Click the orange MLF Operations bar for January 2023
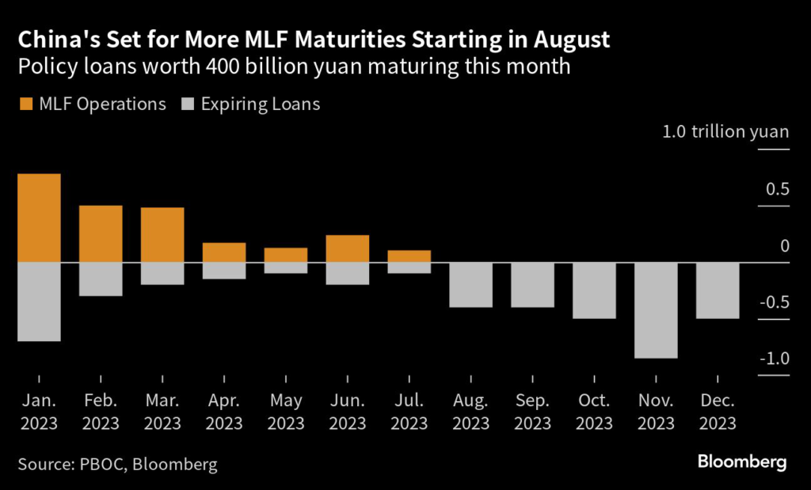(x=40, y=218)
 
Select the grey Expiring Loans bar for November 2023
(x=656, y=310)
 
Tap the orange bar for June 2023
(x=348, y=249)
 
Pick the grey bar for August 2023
(x=471, y=285)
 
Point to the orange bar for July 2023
(x=409, y=256)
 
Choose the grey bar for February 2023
(x=101, y=279)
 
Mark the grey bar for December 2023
(x=718, y=291)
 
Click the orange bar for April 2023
(x=224, y=253)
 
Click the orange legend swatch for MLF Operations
(x=25, y=104)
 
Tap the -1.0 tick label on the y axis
(x=774, y=359)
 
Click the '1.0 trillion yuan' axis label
(x=725, y=131)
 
